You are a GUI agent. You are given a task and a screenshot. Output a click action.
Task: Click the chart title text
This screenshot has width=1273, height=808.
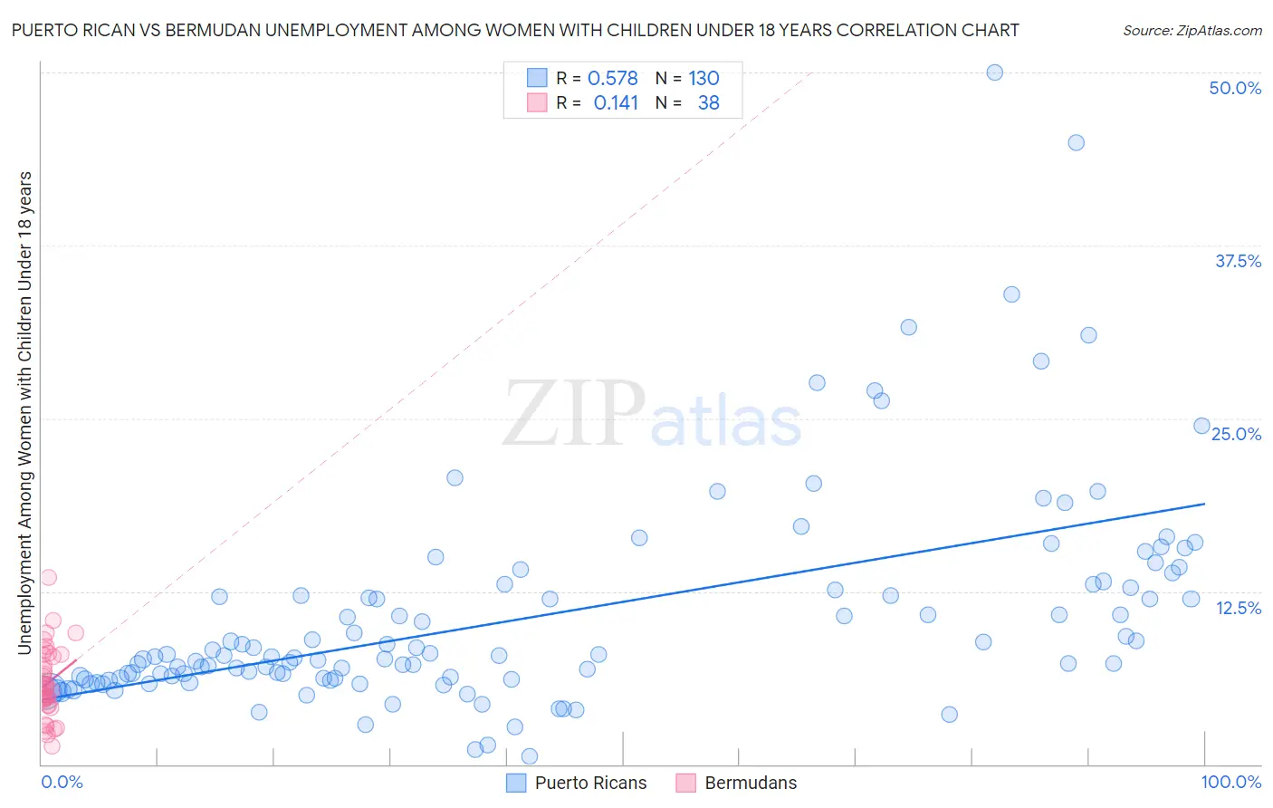pos(515,30)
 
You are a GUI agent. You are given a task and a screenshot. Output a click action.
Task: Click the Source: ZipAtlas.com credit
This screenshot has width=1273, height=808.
pos(1192,30)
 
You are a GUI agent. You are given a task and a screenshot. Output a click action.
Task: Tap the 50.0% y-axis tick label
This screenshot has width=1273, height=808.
pos(1235,88)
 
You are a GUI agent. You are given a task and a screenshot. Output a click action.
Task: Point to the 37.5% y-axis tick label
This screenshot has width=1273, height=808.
pos(1238,261)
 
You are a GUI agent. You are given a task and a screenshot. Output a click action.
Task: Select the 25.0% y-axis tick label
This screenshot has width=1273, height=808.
pos(1236,434)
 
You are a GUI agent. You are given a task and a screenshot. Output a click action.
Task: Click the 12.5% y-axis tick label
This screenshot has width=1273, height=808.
pos(1238,608)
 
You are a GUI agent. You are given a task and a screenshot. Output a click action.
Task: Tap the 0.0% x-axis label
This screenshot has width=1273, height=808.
pos(62,782)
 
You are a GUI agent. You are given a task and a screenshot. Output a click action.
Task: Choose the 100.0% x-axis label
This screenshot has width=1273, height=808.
pos(1230,782)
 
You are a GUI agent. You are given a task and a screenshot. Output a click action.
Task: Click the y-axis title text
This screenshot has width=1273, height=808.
pos(24,412)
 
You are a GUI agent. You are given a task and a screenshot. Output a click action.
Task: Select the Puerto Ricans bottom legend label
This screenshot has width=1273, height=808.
pos(590,783)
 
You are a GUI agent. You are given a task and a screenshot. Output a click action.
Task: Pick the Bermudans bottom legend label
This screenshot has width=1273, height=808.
pos(751,783)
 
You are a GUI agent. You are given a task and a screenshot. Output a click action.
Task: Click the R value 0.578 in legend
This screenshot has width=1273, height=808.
pos(613,79)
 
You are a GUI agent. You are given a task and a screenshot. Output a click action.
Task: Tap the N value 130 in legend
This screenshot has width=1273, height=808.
pos(703,79)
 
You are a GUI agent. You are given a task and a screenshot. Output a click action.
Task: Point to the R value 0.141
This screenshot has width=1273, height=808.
pos(616,103)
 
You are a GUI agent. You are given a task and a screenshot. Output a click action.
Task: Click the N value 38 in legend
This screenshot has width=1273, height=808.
pos(708,103)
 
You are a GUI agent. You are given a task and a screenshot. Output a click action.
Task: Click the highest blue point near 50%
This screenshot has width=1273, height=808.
pos(994,72)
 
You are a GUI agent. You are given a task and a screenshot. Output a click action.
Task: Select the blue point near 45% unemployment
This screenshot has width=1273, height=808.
pos(1076,142)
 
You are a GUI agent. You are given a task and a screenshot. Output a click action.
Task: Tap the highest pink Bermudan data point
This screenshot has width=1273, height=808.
pos(49,577)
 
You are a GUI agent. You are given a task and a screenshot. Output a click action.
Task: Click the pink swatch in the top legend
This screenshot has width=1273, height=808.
pos(537,102)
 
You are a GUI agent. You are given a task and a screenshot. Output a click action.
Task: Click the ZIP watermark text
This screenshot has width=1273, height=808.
pos(574,415)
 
